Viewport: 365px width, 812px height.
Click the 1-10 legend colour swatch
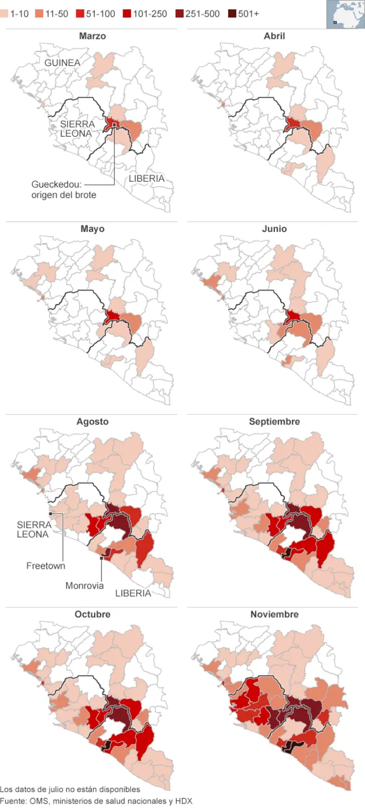coord(4,14)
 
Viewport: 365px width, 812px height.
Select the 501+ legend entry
coord(244,14)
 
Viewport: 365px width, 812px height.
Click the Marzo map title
coord(92,36)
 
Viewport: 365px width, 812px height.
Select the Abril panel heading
coord(274,36)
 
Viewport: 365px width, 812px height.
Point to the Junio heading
coord(274,228)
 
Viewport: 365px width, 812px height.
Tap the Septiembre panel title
coord(274,422)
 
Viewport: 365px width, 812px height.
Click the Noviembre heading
coord(274,614)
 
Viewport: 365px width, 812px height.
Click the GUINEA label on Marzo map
coord(62,62)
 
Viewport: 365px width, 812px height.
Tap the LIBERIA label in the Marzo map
coord(147,178)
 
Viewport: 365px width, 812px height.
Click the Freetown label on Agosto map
coord(46,566)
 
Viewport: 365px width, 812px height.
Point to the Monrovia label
coord(84,585)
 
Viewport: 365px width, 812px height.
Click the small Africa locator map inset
coord(344,14)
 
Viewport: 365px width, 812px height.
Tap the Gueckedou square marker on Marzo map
coord(115,125)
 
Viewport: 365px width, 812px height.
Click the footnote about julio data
coord(70,789)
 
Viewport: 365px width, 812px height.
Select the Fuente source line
coord(96,801)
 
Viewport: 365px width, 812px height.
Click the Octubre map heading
coord(92,614)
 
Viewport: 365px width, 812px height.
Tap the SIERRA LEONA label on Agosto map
coord(33,529)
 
